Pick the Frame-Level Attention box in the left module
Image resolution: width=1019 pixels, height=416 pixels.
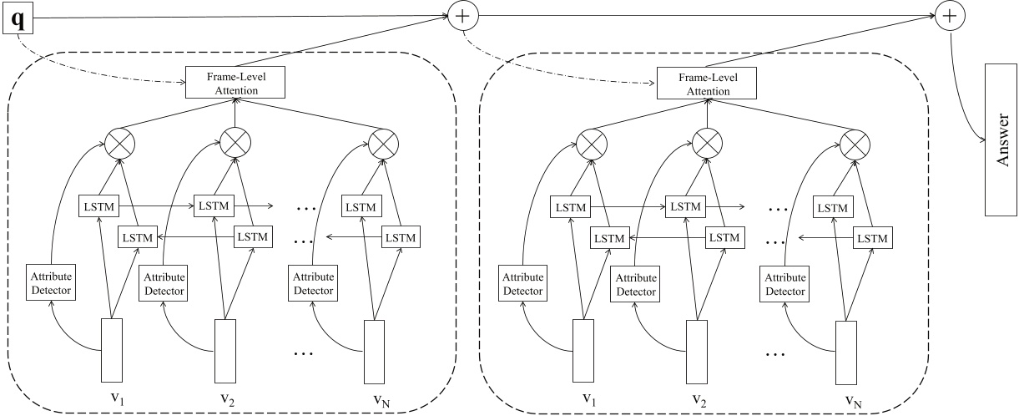pyautogui.click(x=235, y=82)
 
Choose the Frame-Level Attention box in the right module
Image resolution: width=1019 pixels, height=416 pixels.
pyautogui.click(x=707, y=82)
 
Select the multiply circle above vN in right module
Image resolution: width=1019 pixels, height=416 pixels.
pyautogui.click(x=853, y=144)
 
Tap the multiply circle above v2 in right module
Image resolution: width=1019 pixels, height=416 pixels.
pyautogui.click(x=705, y=144)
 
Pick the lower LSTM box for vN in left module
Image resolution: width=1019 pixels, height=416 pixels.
pyautogui.click(x=401, y=237)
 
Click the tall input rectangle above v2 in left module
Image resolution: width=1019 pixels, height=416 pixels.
pyautogui.click(x=225, y=350)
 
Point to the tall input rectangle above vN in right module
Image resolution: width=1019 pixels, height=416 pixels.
pyautogui.click(x=846, y=350)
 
